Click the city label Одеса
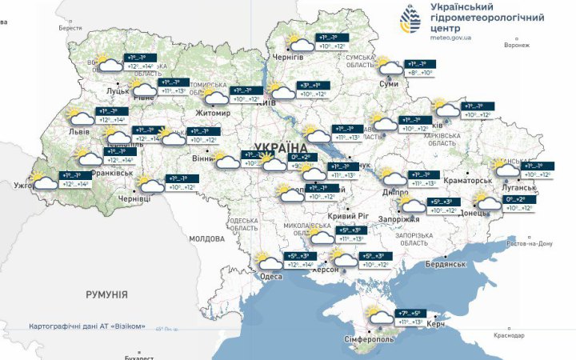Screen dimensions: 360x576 click(x=270, y=277)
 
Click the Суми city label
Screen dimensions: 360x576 click(x=389, y=83)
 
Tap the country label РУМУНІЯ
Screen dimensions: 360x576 click(x=106, y=294)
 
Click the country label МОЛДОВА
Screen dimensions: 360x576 click(x=208, y=238)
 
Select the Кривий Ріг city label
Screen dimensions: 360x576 click(x=346, y=217)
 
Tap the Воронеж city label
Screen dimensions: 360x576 click(x=517, y=46)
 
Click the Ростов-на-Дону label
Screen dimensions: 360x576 click(x=524, y=243)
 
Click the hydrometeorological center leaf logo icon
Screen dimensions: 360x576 click(x=413, y=20)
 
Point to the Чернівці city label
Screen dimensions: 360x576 click(x=134, y=198)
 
